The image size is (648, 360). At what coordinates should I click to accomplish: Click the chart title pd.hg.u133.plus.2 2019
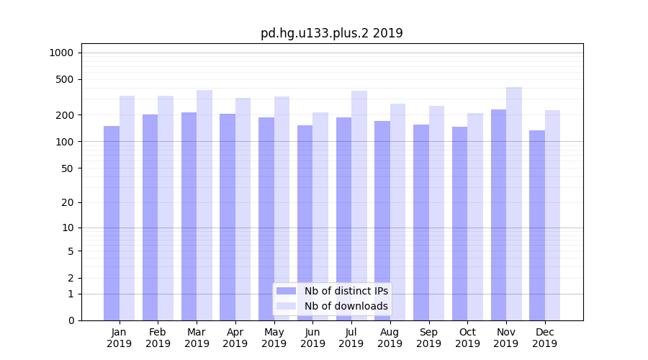[331, 33]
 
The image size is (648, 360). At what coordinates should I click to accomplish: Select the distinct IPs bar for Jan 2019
[112, 223]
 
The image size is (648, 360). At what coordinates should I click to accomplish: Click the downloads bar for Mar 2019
[204, 205]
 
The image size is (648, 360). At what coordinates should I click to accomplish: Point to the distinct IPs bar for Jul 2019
[343, 219]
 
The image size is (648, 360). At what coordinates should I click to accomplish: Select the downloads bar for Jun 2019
[320, 216]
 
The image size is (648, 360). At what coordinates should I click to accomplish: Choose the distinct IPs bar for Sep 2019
[421, 222]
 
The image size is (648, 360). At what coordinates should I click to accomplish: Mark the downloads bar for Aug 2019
[398, 212]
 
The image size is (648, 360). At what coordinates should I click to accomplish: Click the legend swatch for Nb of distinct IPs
[286, 291]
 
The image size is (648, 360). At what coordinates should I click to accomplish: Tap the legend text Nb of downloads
[346, 306]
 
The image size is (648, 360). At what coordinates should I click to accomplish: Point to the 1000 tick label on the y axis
[61, 53]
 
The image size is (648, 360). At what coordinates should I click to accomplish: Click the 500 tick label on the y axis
[64, 79]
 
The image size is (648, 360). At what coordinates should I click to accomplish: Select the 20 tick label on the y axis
[67, 202]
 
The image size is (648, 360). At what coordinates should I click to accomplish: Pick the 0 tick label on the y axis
[70, 320]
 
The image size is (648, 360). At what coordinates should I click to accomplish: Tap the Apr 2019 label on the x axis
[235, 338]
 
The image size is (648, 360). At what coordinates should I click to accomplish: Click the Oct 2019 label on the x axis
[467, 338]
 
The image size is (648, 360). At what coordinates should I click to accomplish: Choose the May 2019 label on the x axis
[274, 338]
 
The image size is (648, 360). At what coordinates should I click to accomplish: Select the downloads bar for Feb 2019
[166, 208]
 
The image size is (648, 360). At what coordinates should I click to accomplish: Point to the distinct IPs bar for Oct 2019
[459, 223]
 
